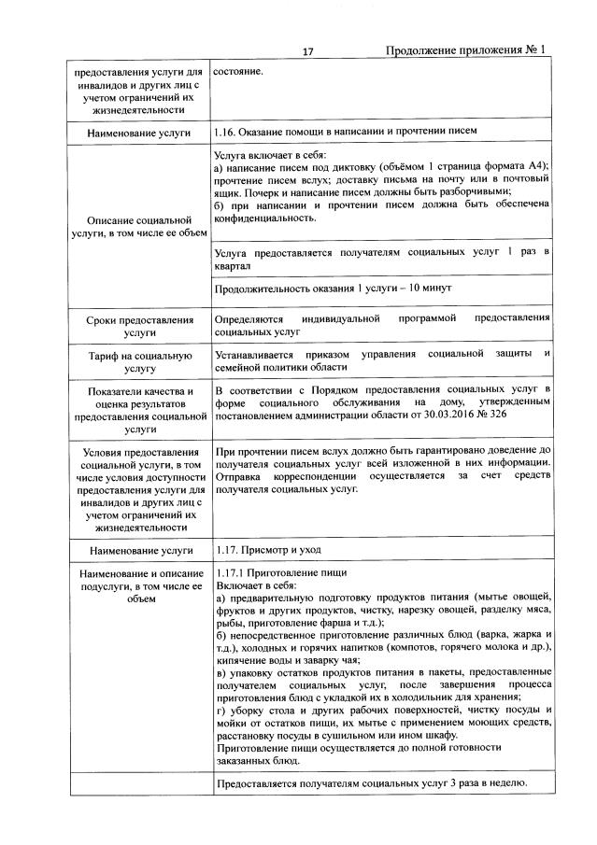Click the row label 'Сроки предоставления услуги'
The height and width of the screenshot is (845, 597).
pos(138,325)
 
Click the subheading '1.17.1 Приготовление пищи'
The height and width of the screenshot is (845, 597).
pos(281,572)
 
